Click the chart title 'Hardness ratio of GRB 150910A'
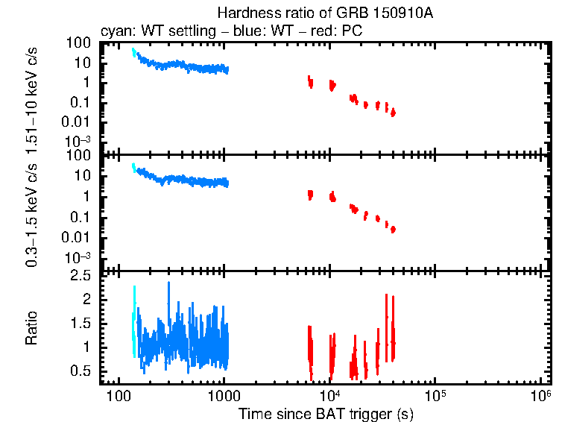click(x=324, y=13)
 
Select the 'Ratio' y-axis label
click(x=32, y=329)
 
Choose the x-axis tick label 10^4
click(x=329, y=394)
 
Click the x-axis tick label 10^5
click(x=435, y=394)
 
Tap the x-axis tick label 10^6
click(x=540, y=394)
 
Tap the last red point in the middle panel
click(x=393, y=229)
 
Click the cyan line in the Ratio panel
click(x=134, y=321)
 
